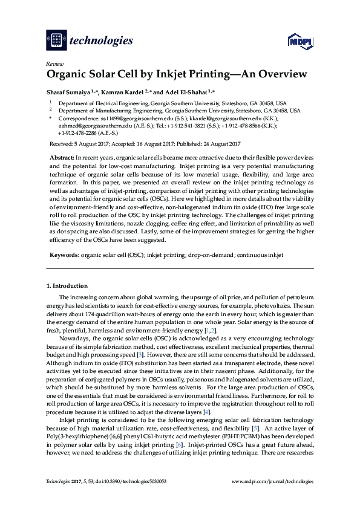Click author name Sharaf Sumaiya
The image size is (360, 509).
(x=68, y=92)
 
